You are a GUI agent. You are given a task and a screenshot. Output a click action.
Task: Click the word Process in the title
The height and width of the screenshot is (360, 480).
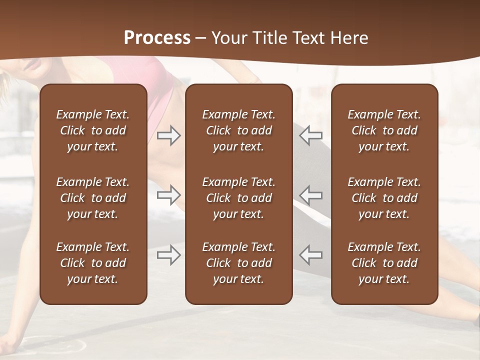[157, 38]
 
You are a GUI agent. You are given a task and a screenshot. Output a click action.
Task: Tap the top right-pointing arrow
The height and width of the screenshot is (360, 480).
[169, 135]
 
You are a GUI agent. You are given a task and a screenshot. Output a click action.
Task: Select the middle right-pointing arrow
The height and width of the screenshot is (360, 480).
[169, 195]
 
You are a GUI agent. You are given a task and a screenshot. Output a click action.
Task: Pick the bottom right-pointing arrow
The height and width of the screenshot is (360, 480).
[169, 254]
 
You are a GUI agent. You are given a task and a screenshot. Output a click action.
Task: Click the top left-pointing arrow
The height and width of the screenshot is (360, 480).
[310, 135]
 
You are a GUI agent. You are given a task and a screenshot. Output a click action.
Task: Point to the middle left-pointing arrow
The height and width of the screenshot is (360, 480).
[310, 195]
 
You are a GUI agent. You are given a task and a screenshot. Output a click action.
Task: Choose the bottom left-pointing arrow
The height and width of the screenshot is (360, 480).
[310, 254]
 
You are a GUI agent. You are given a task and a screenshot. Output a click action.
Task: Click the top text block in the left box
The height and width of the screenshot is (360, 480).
[93, 130]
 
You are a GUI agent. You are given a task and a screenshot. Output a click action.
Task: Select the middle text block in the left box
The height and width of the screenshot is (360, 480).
[93, 198]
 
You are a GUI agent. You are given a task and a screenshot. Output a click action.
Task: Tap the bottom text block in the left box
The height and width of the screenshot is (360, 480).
[93, 263]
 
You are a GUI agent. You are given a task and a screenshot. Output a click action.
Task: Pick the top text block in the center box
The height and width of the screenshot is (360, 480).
[238, 130]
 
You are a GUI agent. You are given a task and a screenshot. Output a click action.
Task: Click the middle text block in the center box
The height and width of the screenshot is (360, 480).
[238, 198]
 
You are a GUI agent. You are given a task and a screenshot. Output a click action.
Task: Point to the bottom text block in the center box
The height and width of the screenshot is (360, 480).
[238, 263]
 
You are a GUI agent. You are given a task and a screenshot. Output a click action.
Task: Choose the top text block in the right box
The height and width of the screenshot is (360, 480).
[384, 130]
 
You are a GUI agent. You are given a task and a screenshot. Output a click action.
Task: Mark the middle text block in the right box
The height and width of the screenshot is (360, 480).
[384, 198]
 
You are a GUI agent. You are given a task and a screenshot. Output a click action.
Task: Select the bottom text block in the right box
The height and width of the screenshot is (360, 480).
[384, 263]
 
